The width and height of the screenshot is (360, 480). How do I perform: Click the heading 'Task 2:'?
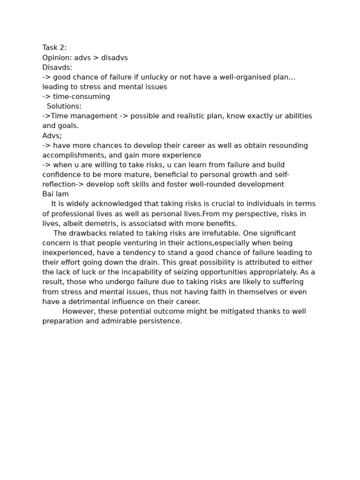coord(54,48)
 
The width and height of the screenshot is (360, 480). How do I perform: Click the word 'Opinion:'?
coord(57,58)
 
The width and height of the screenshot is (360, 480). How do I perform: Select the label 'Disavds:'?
coord(57,67)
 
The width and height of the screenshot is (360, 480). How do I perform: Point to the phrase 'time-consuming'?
coord(82,97)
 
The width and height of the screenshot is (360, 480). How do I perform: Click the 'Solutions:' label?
coord(64,106)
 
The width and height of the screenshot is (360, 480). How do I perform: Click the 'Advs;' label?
coord(52,136)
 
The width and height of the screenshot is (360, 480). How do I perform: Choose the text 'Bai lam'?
coord(55,194)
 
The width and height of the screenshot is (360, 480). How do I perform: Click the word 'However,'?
coord(78,312)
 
